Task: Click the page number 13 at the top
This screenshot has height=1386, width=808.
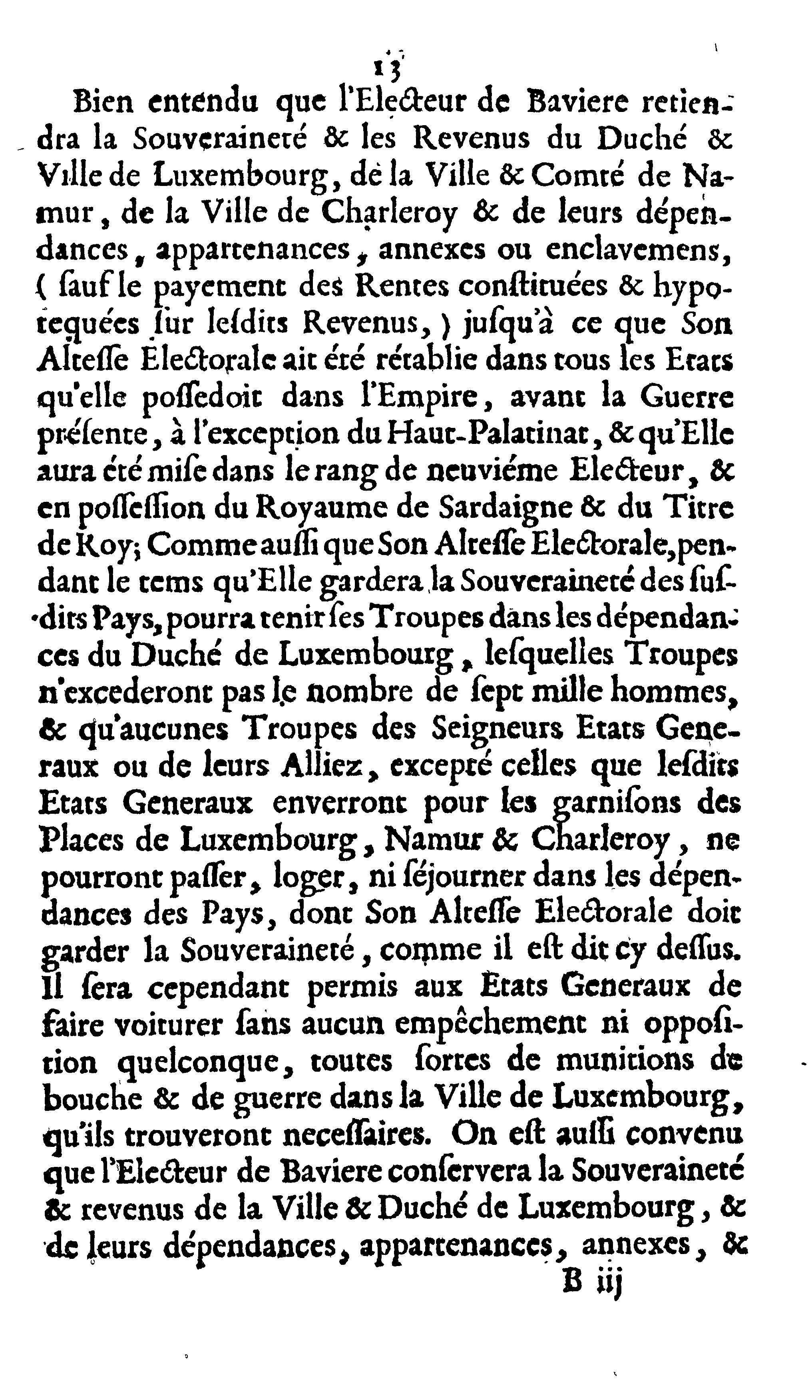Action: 388,68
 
